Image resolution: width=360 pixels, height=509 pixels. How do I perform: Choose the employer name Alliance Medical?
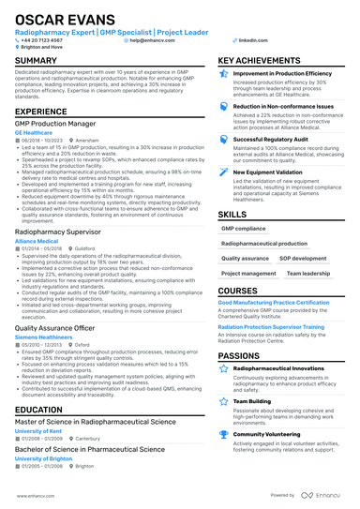37,240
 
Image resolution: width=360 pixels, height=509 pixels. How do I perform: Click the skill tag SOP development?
302,257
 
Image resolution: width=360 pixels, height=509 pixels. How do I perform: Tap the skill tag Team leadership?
307,274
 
